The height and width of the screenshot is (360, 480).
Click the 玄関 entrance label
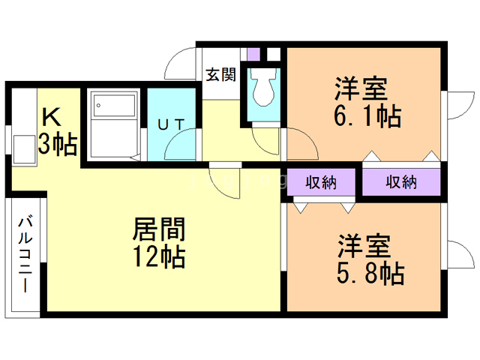(x=221, y=74)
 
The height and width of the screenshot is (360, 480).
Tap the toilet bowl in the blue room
(x=263, y=88)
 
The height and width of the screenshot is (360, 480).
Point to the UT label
(x=170, y=124)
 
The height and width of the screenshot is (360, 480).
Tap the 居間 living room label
(x=158, y=229)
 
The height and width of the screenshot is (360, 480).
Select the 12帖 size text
(x=158, y=257)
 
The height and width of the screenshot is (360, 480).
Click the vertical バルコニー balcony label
(x=24, y=255)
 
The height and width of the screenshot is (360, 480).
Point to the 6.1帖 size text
(x=367, y=116)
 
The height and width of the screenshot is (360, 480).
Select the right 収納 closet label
(x=401, y=182)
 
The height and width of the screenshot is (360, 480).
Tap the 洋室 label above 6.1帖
(x=361, y=88)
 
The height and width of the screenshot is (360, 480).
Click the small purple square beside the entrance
(x=253, y=55)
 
